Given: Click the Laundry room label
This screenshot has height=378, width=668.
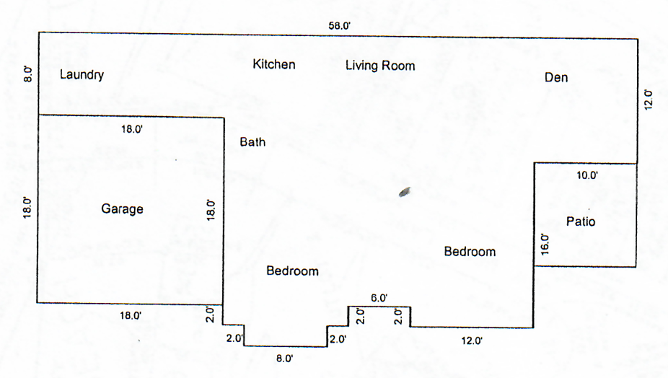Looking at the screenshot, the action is point(82,74).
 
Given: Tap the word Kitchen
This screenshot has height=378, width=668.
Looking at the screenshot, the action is point(274,64).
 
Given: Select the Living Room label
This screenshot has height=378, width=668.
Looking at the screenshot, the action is point(380,66).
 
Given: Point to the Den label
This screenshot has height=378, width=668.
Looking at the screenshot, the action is point(556,78).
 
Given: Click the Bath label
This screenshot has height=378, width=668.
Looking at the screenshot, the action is point(252,142).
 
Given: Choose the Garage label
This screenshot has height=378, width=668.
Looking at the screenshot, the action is point(122,208).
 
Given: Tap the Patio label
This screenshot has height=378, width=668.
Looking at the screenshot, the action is point(581,221).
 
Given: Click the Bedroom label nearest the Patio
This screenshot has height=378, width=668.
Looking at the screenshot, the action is point(470,252).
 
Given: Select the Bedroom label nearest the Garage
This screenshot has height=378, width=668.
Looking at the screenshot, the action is point(293,271).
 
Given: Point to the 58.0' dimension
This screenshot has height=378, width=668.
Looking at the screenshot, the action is point(340,26).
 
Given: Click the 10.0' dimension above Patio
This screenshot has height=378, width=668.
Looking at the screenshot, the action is point(587,175).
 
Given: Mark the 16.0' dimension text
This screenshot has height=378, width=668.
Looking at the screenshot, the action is point(545,245).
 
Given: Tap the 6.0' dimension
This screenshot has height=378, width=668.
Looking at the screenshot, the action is point(379,298).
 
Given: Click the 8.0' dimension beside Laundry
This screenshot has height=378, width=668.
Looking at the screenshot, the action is point(28,74).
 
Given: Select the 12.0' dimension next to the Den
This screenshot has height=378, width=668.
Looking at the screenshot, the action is point(648,100).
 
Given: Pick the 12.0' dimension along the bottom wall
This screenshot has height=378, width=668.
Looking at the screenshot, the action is point(472,340).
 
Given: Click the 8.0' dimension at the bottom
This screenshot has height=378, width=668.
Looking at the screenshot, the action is point(284,359).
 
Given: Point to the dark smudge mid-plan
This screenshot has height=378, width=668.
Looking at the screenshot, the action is point(405,192).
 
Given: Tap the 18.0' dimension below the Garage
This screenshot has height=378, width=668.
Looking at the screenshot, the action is point(131,316).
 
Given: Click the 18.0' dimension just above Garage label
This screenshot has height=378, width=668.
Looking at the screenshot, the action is point(131,129).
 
